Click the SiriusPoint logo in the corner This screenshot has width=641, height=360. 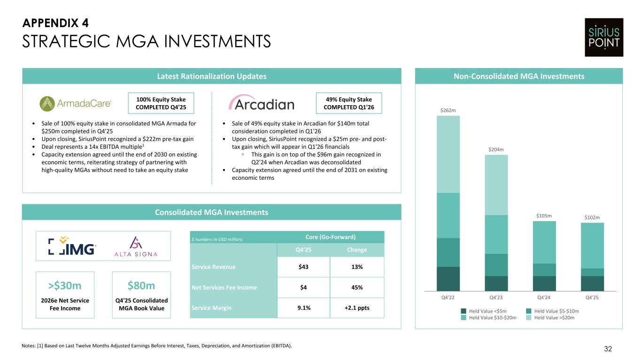[x=603, y=38]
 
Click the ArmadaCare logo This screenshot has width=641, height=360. [x=76, y=103]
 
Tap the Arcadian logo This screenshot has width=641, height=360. [x=261, y=104]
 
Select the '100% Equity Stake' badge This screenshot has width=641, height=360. [x=161, y=103]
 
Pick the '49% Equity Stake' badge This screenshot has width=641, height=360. [x=348, y=103]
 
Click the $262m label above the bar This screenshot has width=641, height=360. [x=448, y=110]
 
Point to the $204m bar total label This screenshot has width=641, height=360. [x=496, y=150]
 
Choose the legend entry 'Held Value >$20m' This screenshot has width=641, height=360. [x=554, y=318]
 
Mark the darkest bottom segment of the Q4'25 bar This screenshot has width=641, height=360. [x=592, y=283]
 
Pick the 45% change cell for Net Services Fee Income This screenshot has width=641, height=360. [x=357, y=287]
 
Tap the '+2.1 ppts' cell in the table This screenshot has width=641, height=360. [x=357, y=308]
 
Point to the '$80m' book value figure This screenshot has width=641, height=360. [x=141, y=286]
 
